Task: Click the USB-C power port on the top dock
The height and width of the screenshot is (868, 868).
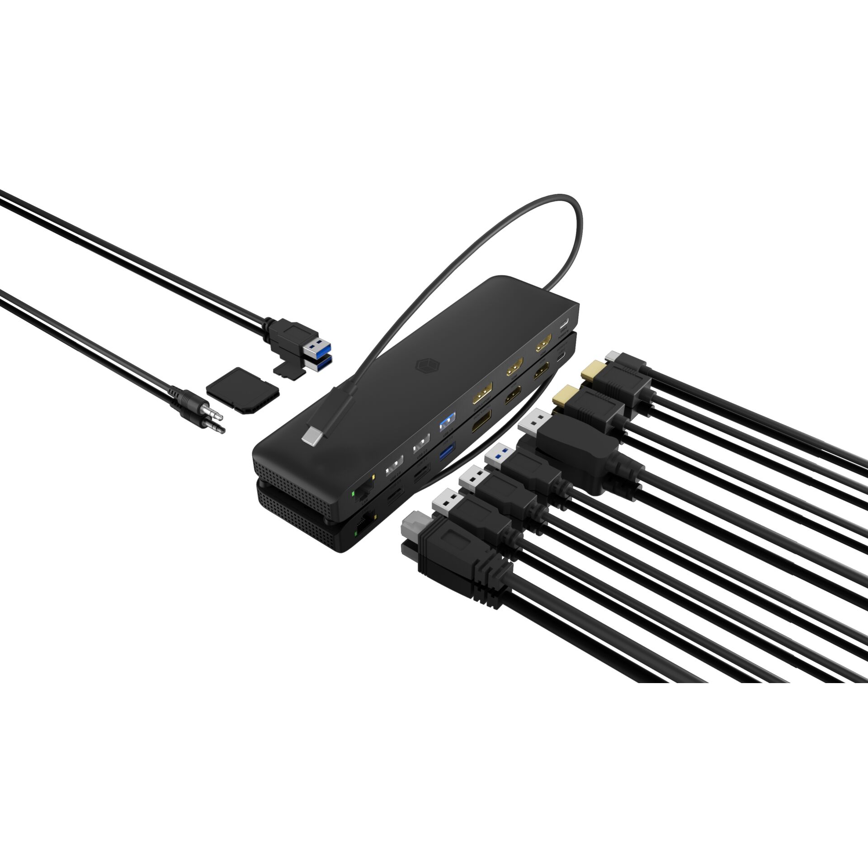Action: click(x=564, y=324)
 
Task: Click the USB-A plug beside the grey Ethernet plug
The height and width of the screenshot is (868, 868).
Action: click(x=446, y=500)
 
